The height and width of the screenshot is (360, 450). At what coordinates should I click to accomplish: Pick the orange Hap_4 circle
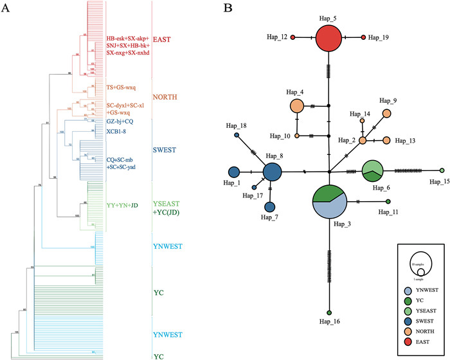(297, 106)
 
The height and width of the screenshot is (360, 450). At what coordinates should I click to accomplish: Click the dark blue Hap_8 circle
(273, 172)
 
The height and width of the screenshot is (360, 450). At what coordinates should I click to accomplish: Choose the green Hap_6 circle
(373, 170)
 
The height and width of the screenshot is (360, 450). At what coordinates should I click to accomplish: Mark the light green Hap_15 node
(442, 170)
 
